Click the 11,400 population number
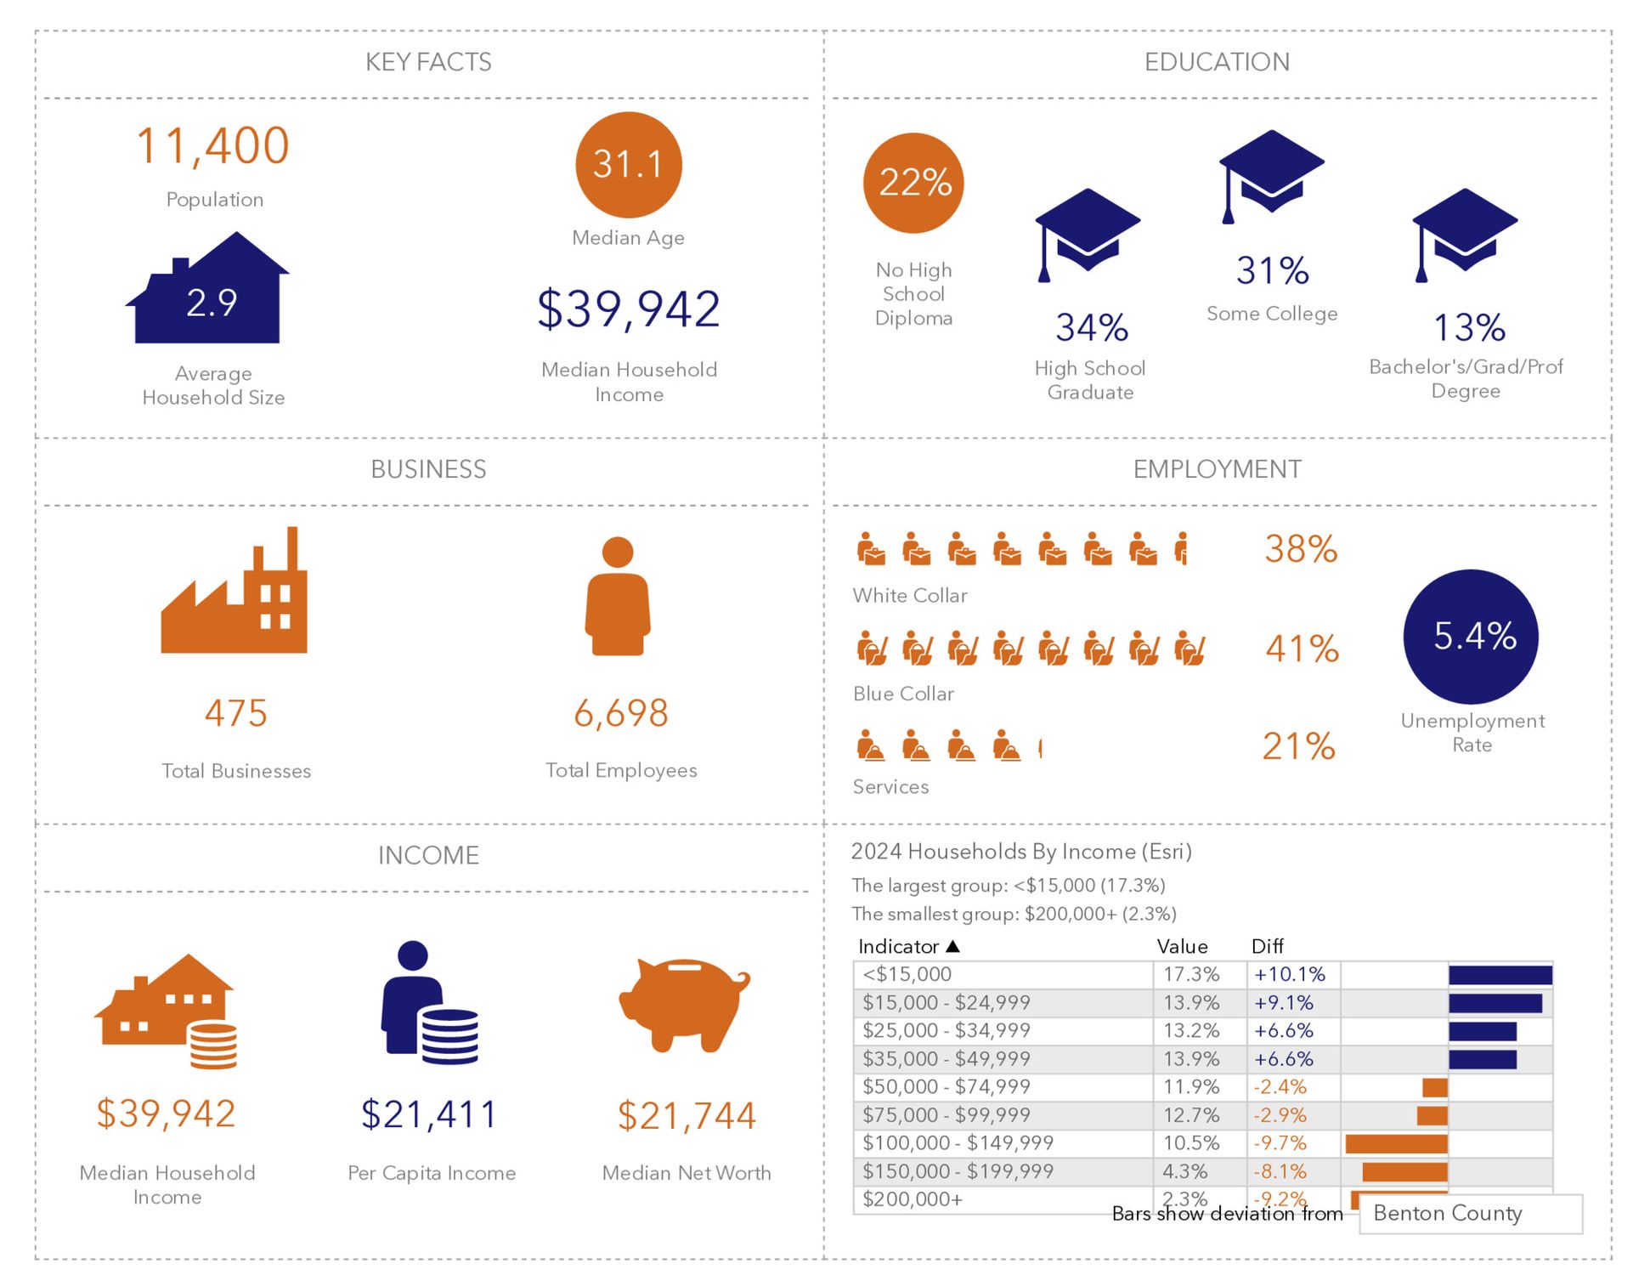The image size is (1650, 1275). click(213, 146)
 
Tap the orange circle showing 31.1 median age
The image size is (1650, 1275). click(628, 165)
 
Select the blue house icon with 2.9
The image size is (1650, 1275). click(211, 292)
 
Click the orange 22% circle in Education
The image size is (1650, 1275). click(913, 183)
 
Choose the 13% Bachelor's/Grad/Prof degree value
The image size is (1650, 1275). click(1469, 328)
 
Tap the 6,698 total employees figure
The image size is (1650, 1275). click(621, 713)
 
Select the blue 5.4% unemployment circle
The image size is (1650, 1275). click(1471, 637)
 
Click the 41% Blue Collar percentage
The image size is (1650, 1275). click(1302, 649)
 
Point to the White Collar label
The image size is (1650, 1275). click(910, 596)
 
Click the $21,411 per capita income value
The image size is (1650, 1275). click(429, 1114)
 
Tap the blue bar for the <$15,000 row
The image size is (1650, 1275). click(1500, 975)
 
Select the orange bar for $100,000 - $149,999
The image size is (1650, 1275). click(1396, 1144)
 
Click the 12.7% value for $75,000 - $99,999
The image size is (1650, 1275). click(1191, 1115)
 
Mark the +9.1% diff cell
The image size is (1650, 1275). click(1284, 1003)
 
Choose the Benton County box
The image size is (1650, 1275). click(1470, 1214)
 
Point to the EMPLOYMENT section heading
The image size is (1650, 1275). click(1217, 469)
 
